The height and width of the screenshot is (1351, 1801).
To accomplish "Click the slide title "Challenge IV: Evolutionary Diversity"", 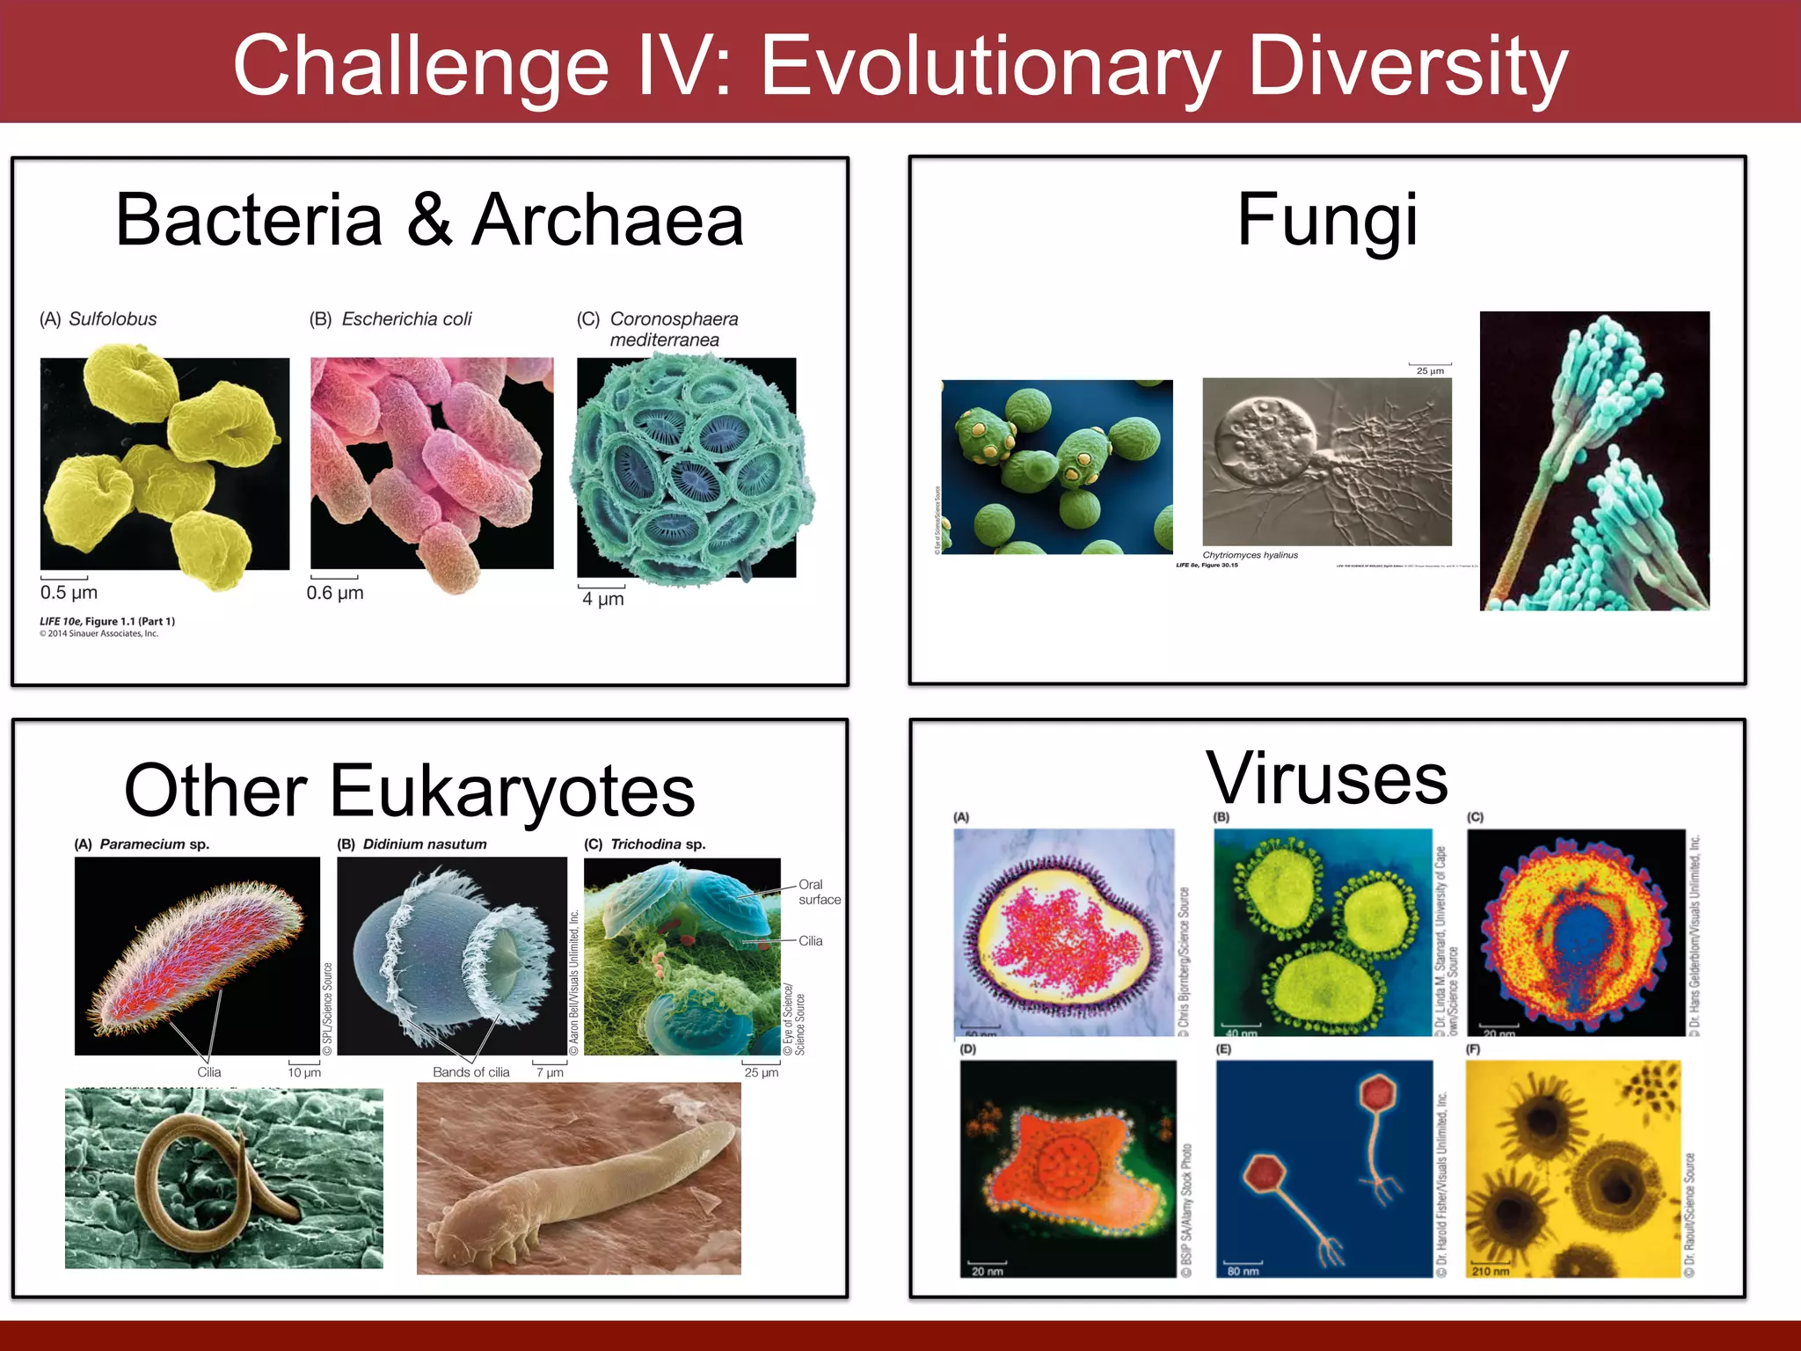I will (x=900, y=65).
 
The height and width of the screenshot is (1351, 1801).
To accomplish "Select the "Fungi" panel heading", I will (x=1327, y=220).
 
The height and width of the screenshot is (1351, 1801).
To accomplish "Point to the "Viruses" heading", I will (x=1327, y=779).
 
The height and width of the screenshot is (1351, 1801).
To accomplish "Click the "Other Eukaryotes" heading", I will (x=410, y=791).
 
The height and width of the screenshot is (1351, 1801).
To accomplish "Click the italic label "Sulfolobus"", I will (x=113, y=319).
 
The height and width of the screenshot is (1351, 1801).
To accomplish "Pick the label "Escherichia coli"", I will (x=406, y=319).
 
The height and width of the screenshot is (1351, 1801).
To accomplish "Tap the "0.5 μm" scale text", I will (x=69, y=593).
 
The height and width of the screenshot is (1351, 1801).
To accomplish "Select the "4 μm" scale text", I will (x=603, y=600).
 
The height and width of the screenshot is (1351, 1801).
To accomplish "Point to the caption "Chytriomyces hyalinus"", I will (x=1250, y=555).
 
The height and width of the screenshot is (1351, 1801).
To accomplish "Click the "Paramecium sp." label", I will (x=154, y=844).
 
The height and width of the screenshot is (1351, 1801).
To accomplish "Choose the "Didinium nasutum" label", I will (x=425, y=844).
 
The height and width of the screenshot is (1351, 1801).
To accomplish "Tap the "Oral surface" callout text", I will (x=819, y=892).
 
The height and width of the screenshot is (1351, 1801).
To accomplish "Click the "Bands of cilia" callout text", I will (x=470, y=1072).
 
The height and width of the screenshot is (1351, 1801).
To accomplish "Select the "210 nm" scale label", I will (x=1490, y=1271).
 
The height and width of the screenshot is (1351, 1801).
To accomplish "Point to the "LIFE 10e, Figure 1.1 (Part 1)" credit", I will (x=107, y=621).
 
